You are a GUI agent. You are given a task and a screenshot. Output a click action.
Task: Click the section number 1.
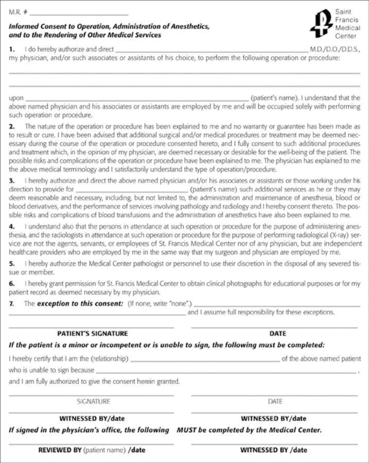(11, 49)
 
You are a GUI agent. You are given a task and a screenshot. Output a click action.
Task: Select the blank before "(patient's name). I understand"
(136, 98)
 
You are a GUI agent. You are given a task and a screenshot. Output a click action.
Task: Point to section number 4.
(11, 227)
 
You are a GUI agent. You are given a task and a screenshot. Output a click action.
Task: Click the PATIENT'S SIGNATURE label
(93, 333)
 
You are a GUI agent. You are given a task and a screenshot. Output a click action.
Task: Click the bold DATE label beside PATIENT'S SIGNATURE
(277, 333)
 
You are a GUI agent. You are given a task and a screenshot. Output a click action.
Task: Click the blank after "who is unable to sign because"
(226, 370)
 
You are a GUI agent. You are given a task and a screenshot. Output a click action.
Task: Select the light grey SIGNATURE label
(93, 401)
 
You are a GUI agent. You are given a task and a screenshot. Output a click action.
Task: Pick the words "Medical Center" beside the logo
(348, 32)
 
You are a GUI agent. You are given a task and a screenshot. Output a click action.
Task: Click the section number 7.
(11, 304)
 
